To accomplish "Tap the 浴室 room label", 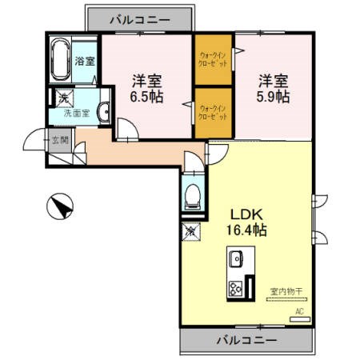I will [84, 61].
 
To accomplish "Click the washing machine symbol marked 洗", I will [60, 98].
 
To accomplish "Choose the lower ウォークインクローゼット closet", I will [213, 111].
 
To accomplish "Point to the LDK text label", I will [248, 214].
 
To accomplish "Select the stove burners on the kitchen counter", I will [237, 288].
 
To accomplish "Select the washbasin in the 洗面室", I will [104, 112].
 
